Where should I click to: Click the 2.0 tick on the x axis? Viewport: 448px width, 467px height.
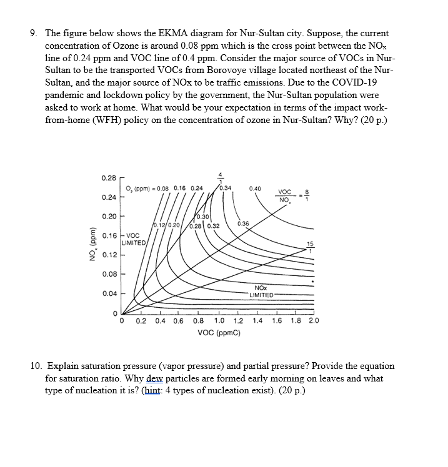click(x=313, y=322)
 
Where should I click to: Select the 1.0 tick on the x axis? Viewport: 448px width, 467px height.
click(x=219, y=322)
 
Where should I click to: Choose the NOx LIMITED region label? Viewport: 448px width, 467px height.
click(x=261, y=292)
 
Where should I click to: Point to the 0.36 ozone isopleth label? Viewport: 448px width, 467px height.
click(x=243, y=224)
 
